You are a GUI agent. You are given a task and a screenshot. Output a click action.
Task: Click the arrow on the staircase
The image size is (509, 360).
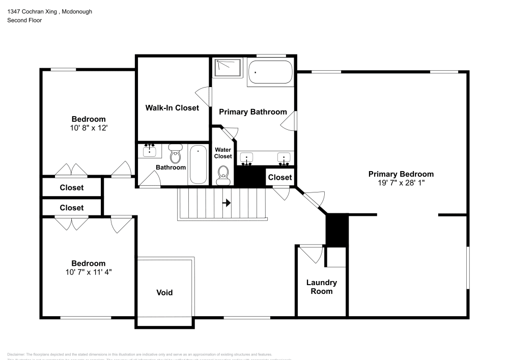pyautogui.click(x=227, y=203)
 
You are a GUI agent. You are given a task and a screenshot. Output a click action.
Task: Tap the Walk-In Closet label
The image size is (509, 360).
pyautogui.click(x=172, y=108)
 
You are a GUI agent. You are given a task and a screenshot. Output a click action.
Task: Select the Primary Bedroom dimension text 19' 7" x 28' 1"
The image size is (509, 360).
pyautogui.click(x=401, y=182)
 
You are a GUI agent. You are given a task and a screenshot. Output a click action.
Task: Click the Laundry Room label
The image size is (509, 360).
pyautogui.click(x=321, y=287)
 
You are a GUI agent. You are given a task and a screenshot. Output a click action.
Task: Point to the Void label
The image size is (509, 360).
pyautogui.click(x=164, y=292)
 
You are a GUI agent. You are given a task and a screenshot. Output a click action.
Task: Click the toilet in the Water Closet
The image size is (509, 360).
pyautogui.click(x=222, y=175)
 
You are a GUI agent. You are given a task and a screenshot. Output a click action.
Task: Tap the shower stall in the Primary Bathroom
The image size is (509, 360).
pyautogui.click(x=228, y=68)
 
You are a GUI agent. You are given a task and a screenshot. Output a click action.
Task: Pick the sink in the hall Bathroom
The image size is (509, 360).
pyautogui.click(x=150, y=151)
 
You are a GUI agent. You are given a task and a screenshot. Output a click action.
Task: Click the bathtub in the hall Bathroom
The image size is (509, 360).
pyautogui.click(x=197, y=164)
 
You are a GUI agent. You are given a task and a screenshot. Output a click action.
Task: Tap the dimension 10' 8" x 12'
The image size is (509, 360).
pyautogui.click(x=89, y=128)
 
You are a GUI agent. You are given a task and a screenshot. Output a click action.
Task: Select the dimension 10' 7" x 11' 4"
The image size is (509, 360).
pyautogui.click(x=89, y=272)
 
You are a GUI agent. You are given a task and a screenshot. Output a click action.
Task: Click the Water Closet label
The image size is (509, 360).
pyautogui.click(x=223, y=153)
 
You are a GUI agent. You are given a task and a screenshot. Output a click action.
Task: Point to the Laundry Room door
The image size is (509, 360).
pyautogui.click(x=311, y=253)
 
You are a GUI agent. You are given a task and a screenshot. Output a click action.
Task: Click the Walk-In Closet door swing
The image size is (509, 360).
pyautogui.click(x=204, y=95)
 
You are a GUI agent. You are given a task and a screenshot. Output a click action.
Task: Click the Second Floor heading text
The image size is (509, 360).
pyautogui.click(x=24, y=20)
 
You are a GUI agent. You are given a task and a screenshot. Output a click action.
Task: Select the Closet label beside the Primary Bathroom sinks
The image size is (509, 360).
pyautogui.click(x=280, y=177)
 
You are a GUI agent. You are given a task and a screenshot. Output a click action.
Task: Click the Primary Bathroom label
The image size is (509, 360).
pyautogui.click(x=253, y=112)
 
